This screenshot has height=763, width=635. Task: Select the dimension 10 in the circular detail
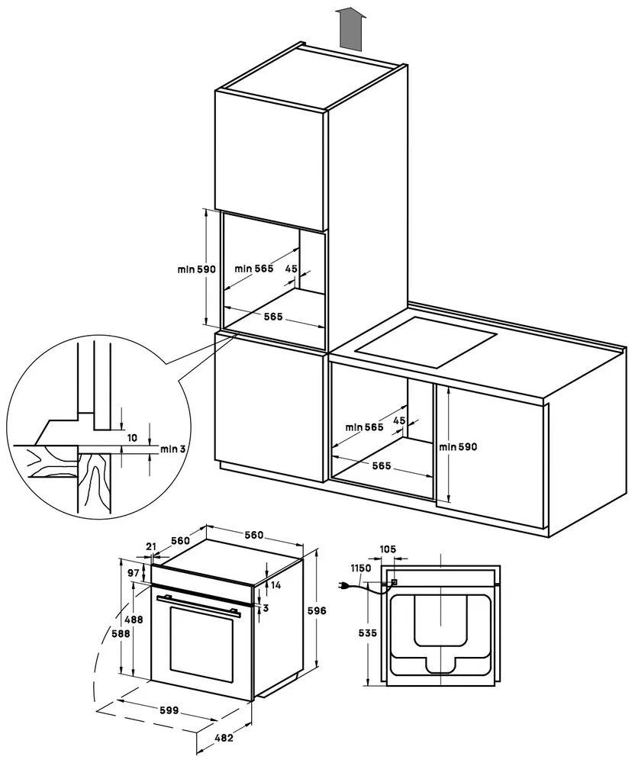pos(132,438)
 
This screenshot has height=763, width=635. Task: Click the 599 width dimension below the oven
pos(169,710)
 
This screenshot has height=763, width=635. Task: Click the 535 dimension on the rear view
pos(367,633)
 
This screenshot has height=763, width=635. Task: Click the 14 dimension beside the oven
pos(276,585)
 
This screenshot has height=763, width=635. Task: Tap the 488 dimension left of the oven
pos(134,620)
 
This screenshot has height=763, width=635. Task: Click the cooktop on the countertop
pos(427,343)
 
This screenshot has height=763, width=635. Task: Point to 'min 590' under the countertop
pos(458,446)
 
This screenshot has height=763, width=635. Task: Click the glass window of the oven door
pos(201,645)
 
